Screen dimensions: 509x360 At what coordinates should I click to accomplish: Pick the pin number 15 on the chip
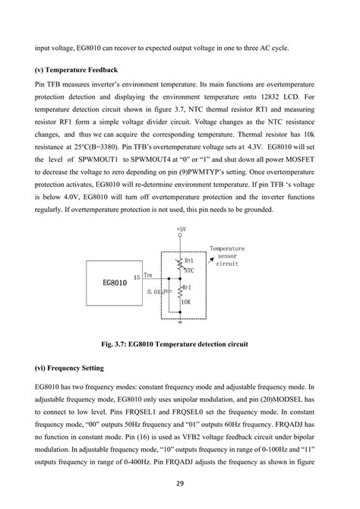137,277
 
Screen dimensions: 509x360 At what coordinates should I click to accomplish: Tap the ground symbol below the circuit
180,321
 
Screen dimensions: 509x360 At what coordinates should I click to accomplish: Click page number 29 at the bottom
180,482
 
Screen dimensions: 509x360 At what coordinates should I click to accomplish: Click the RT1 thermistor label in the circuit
189,261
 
